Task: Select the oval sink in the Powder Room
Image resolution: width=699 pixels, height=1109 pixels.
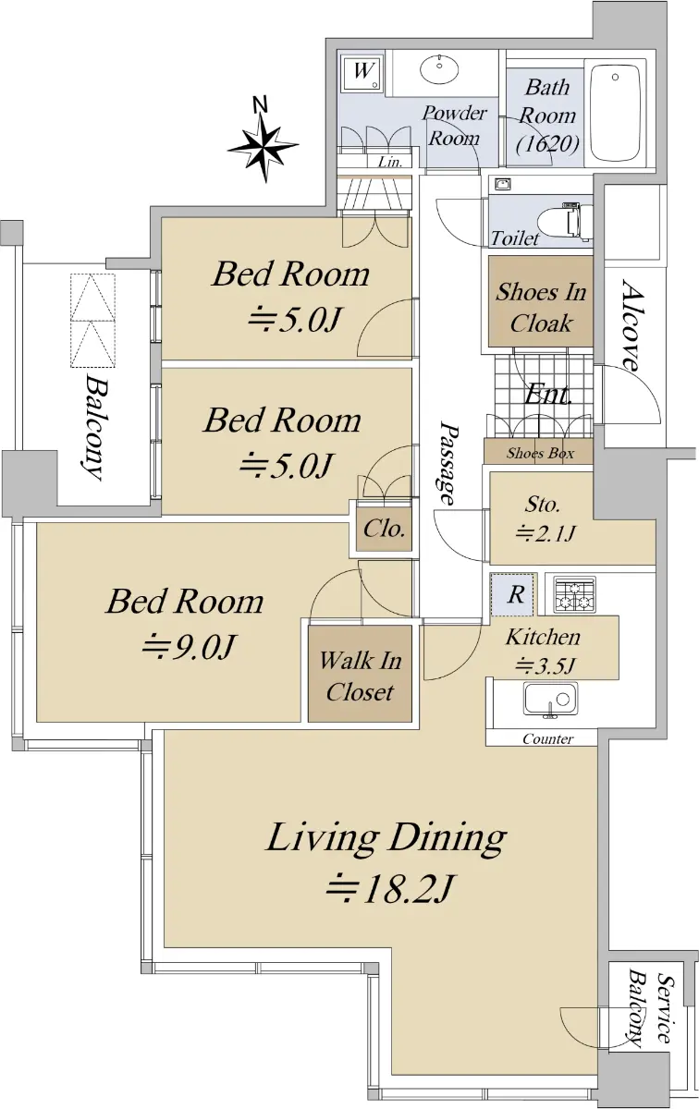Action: click(439, 68)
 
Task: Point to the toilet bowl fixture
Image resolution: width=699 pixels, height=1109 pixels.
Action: click(566, 221)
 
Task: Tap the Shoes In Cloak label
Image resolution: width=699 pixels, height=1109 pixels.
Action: click(541, 308)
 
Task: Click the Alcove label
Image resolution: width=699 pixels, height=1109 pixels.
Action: click(632, 325)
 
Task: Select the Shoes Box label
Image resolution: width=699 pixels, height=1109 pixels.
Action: click(540, 453)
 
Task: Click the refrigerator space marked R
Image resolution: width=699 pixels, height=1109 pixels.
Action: click(514, 594)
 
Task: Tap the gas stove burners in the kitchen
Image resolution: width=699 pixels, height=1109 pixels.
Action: click(574, 594)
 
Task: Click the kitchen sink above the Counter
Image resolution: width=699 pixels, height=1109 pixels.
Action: click(550, 700)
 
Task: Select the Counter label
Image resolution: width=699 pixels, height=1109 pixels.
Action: click(547, 739)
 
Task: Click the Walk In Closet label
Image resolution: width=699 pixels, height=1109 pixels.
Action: click(360, 676)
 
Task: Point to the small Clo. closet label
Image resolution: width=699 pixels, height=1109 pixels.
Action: click(384, 529)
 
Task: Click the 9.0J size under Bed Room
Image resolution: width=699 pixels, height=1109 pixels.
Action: click(188, 646)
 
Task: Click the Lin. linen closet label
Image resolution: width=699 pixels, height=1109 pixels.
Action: click(389, 162)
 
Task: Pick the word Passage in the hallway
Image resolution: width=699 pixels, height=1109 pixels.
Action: click(448, 463)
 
